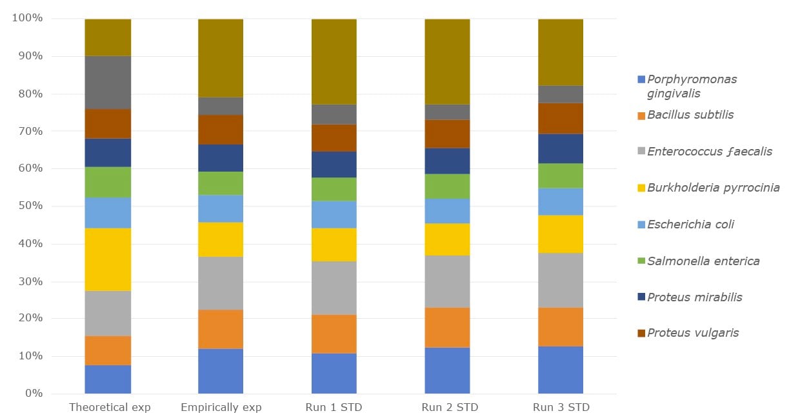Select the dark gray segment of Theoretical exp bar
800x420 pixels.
(x=108, y=83)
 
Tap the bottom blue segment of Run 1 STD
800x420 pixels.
(x=334, y=374)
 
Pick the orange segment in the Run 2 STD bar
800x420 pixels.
(x=447, y=327)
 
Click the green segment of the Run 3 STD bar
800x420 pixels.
(x=561, y=175)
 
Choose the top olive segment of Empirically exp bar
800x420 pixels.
(x=220, y=58)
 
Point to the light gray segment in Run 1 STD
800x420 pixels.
(x=334, y=288)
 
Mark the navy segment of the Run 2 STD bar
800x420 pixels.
(x=447, y=161)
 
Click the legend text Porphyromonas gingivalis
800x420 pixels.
(x=692, y=86)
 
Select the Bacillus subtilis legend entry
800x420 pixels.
(x=690, y=115)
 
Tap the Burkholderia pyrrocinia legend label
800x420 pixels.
(x=713, y=188)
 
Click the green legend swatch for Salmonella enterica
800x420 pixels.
(x=641, y=261)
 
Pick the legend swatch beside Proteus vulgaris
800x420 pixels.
(x=641, y=334)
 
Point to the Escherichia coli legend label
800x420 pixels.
(x=690, y=225)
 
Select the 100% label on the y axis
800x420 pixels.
(x=27, y=18)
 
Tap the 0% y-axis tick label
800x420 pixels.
(x=32, y=394)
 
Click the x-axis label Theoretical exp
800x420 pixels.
(x=110, y=408)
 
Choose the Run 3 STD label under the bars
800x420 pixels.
(x=561, y=408)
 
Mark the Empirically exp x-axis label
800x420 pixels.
(x=221, y=408)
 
